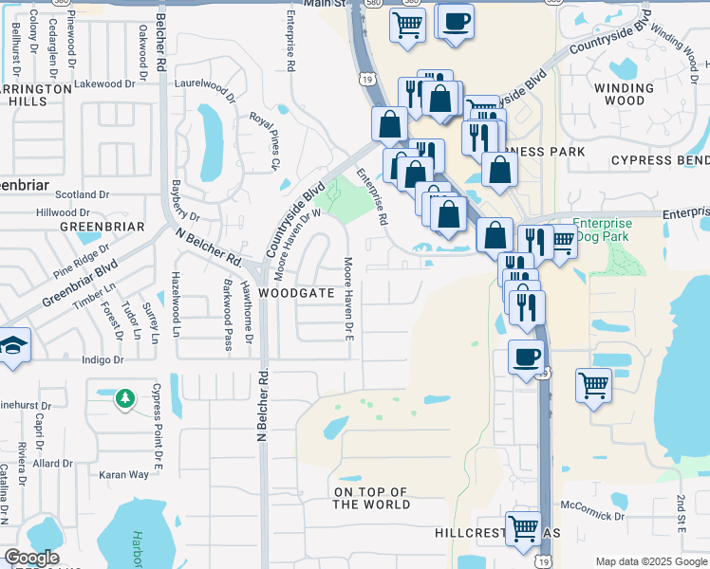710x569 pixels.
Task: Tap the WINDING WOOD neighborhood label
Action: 624,94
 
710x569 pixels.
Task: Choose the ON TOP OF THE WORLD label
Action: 371,498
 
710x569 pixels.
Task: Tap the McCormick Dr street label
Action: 592,512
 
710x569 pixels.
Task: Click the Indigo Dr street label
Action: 104,360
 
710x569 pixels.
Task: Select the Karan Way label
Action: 125,474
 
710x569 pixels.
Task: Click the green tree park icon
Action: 123,398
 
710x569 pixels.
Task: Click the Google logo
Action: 31,558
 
